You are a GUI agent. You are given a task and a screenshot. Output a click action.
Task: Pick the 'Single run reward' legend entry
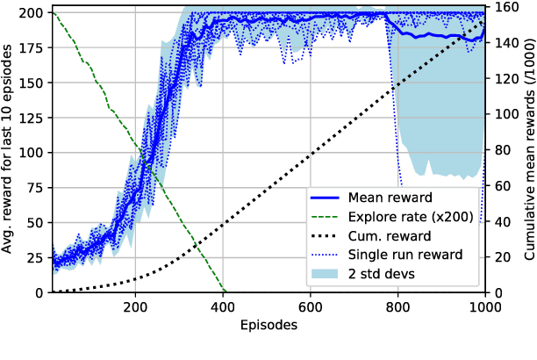(x=424, y=256)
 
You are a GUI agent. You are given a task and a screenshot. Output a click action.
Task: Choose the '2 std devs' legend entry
(x=404, y=274)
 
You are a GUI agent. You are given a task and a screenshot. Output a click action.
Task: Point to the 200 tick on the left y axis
(x=32, y=13)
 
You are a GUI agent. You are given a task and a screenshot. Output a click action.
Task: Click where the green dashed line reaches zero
(x=225, y=292)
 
